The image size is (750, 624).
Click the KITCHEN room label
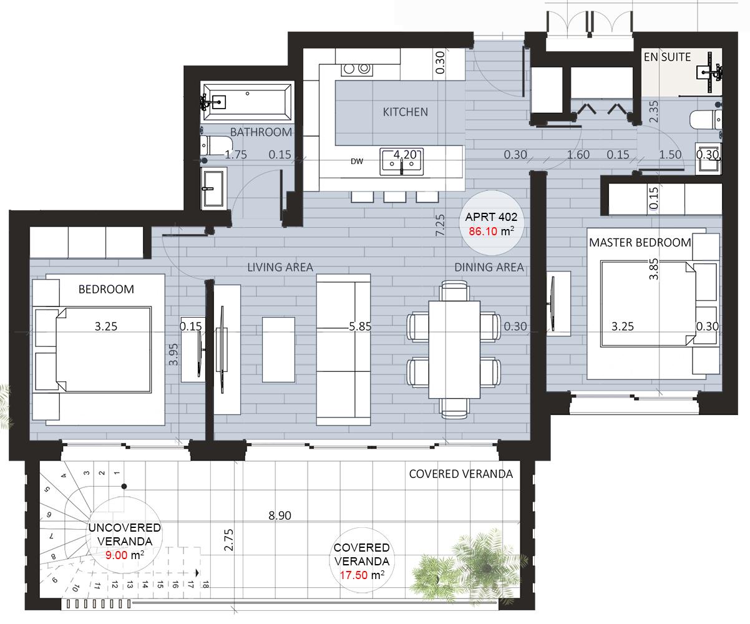click(x=405, y=112)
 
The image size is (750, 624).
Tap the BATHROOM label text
click(x=261, y=132)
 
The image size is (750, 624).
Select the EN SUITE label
click(x=667, y=57)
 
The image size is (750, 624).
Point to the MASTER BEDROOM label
click(x=640, y=243)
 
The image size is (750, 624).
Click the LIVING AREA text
click(x=280, y=267)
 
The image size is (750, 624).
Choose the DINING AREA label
click(x=489, y=267)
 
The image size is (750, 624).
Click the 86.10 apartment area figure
click(x=483, y=232)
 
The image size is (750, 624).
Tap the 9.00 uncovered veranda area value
click(x=117, y=555)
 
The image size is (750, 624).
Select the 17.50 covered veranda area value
click(x=354, y=575)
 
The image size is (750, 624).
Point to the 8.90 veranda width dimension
click(x=280, y=516)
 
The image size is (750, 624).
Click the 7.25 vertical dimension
click(x=440, y=225)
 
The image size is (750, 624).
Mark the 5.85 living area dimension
click(x=360, y=326)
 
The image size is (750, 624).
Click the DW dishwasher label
click(x=357, y=162)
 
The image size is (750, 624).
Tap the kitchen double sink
click(x=402, y=162)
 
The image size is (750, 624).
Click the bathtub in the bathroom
click(x=248, y=102)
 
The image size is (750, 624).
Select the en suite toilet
click(x=706, y=120)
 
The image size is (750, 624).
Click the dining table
click(x=454, y=349)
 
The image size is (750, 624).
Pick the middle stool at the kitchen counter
click(x=395, y=197)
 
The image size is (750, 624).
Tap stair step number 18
click(x=205, y=585)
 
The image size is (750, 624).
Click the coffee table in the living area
click(x=278, y=349)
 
